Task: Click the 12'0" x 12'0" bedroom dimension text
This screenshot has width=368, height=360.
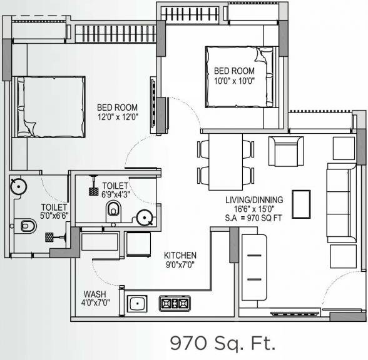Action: point(117,117)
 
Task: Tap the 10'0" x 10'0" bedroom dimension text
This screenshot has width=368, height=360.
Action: point(235,79)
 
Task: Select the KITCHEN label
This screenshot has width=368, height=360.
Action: point(180,255)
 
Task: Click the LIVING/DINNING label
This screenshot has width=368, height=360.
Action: point(255,200)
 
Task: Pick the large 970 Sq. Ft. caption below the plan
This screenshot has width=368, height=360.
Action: point(223,342)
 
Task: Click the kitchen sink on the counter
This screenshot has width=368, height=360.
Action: point(137,304)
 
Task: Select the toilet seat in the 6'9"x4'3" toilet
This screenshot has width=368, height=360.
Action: point(113,209)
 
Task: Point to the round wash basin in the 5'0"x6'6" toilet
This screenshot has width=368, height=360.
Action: point(19,185)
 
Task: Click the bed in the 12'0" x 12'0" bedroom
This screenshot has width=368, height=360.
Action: point(50,106)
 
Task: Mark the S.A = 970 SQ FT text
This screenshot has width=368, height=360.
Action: point(255,219)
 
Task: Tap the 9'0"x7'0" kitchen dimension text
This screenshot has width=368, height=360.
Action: point(180,265)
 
